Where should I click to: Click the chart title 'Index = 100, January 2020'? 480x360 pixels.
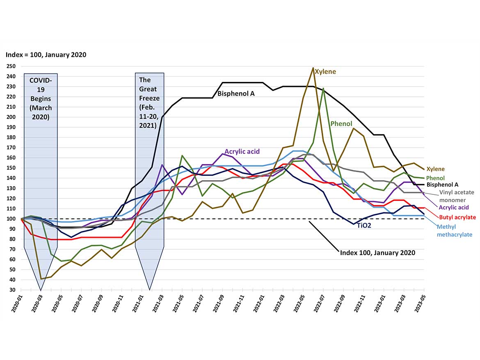point(46,55)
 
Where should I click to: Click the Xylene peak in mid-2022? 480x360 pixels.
point(313,68)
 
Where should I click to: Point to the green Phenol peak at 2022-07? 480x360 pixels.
point(323,88)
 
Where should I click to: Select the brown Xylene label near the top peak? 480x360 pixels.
point(325,72)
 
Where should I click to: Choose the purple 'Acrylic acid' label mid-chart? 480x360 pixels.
point(242,151)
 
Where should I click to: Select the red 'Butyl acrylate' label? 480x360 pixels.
point(457,217)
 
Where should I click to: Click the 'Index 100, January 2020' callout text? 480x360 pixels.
point(377,253)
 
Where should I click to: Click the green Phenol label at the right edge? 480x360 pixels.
point(436,178)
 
